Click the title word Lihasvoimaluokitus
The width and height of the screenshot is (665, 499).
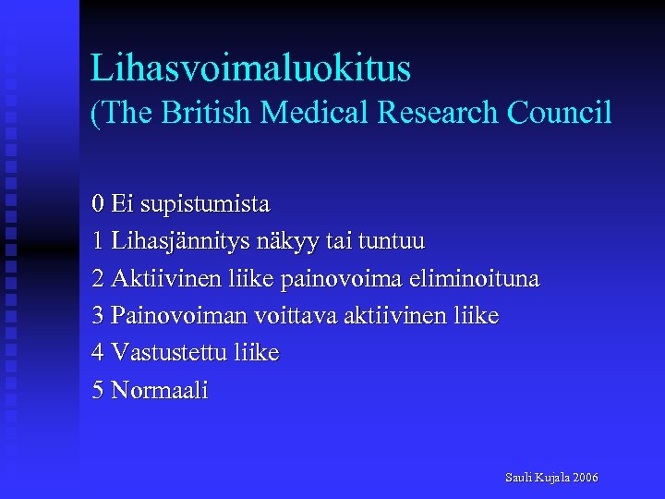250,68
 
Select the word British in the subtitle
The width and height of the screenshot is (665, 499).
208,113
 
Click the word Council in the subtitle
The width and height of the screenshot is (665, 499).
560,113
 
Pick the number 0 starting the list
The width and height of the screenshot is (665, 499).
98,202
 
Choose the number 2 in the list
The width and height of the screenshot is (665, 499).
98,278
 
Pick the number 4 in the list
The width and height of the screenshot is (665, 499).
98,353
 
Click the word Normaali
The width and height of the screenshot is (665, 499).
160,390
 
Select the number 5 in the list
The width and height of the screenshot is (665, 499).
98,390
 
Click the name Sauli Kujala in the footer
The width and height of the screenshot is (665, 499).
538,478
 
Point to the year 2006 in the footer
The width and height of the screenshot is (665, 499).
586,478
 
